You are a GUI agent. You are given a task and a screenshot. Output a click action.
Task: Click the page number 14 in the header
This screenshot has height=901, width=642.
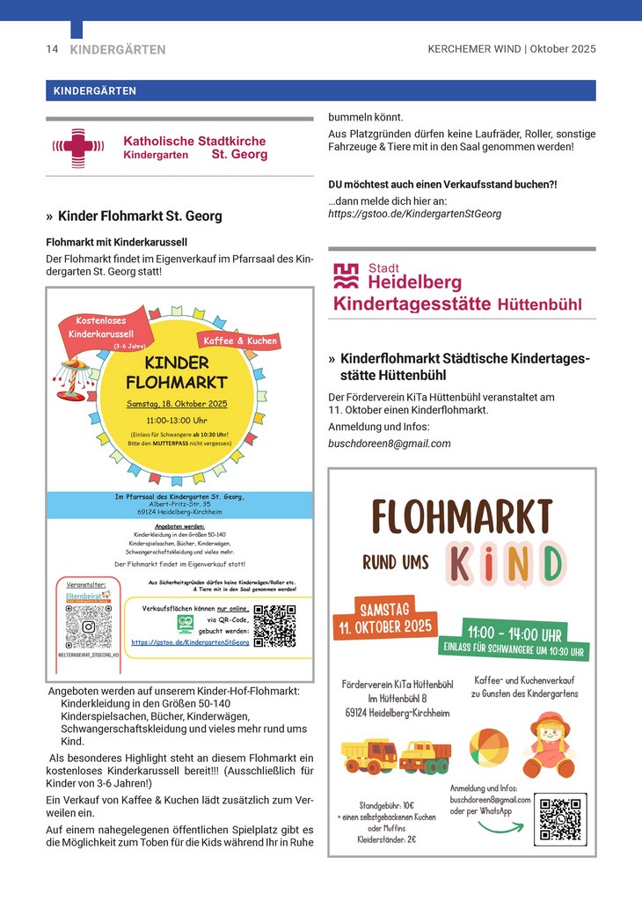click(x=52, y=49)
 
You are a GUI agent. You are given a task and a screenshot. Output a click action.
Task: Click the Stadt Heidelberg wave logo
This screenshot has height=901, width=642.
click(x=346, y=276)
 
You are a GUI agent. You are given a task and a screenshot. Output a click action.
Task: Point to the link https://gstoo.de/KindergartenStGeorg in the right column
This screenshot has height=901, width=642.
click(x=414, y=214)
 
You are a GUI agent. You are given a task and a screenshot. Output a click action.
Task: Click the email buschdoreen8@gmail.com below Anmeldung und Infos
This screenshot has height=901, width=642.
click(x=389, y=443)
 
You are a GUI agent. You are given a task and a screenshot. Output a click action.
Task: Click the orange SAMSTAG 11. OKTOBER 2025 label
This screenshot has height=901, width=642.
click(x=383, y=619)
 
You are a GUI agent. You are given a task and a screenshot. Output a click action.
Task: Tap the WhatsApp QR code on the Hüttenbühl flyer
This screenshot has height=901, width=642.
click(x=559, y=819)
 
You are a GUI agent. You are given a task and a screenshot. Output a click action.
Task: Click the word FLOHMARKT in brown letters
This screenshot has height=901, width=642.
click(x=462, y=516)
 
